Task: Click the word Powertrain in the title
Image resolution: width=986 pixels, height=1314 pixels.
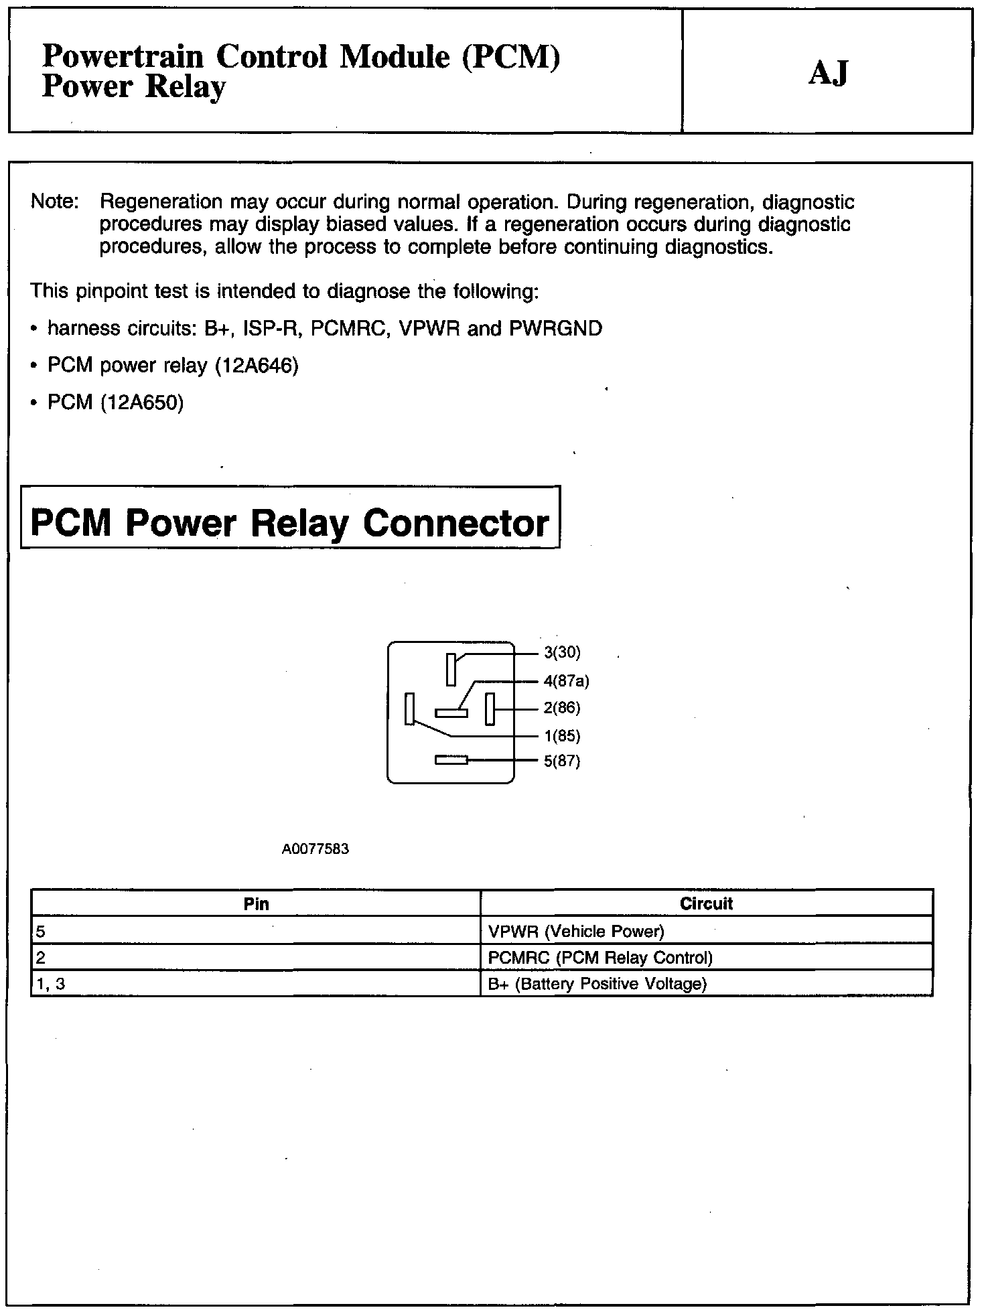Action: pyautogui.click(x=123, y=57)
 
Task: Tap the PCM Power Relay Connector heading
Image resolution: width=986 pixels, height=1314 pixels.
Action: pyautogui.click(x=289, y=522)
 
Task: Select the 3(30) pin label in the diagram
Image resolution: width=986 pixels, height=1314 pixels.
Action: pyautogui.click(x=561, y=652)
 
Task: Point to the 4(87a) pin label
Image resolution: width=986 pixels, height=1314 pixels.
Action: pyautogui.click(x=566, y=681)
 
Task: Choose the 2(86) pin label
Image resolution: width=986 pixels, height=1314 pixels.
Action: pyautogui.click(x=561, y=708)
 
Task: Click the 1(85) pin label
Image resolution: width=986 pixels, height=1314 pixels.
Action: pyautogui.click(x=561, y=736)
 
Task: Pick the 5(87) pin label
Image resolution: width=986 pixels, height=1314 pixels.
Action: pyautogui.click(x=561, y=761)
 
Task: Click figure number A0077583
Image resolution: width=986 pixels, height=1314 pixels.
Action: pyautogui.click(x=315, y=849)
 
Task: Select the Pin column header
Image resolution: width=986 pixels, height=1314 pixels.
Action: pyautogui.click(x=256, y=904)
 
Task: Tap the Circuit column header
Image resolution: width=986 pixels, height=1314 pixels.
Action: pyautogui.click(x=706, y=903)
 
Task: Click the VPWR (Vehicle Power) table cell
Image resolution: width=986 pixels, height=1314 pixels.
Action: pyautogui.click(x=576, y=931)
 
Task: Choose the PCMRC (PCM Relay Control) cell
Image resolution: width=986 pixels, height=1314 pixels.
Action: pyautogui.click(x=600, y=958)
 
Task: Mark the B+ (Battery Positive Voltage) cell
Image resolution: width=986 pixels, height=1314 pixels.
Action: pyautogui.click(x=597, y=984)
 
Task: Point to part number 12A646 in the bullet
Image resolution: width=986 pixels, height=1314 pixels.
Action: pyautogui.click(x=256, y=366)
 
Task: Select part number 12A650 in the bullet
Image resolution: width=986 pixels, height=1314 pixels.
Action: pyautogui.click(x=141, y=403)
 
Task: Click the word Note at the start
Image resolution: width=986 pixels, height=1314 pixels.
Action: pyautogui.click(x=54, y=202)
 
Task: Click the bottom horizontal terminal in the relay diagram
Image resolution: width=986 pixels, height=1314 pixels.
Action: pyautogui.click(x=451, y=760)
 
